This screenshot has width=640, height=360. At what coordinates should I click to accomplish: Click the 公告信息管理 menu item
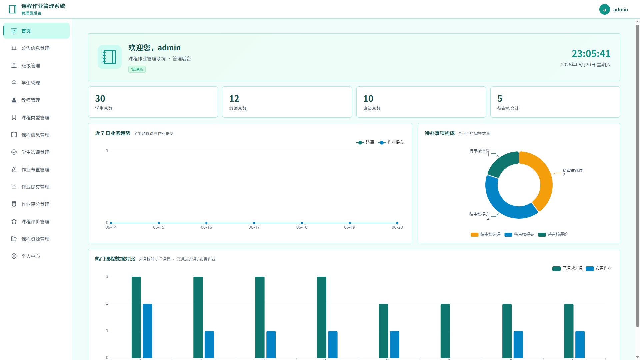35,48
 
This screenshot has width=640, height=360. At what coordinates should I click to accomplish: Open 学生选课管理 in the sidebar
35,152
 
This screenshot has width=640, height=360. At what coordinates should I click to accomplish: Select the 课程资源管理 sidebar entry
35,239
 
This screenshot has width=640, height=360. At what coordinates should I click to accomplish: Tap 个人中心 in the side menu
31,256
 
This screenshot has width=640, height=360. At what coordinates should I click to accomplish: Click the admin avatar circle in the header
604,9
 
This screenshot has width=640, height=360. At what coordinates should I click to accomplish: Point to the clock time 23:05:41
591,54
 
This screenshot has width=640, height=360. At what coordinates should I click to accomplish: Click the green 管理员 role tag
137,69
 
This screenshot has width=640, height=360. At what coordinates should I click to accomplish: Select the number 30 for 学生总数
100,99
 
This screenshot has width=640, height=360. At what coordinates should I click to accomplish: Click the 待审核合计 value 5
500,99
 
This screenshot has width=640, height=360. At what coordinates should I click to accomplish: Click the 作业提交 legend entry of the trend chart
391,142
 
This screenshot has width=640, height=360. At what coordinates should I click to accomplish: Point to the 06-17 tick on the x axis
254,227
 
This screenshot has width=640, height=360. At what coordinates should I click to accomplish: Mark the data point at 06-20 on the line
397,223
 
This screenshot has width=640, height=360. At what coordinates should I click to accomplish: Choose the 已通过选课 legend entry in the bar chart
567,268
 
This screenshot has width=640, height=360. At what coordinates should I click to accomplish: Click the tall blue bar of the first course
147,331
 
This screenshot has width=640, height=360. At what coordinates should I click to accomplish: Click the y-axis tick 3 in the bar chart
107,276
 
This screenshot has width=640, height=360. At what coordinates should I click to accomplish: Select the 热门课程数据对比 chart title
115,259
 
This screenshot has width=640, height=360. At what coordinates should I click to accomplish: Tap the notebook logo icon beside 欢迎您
110,57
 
